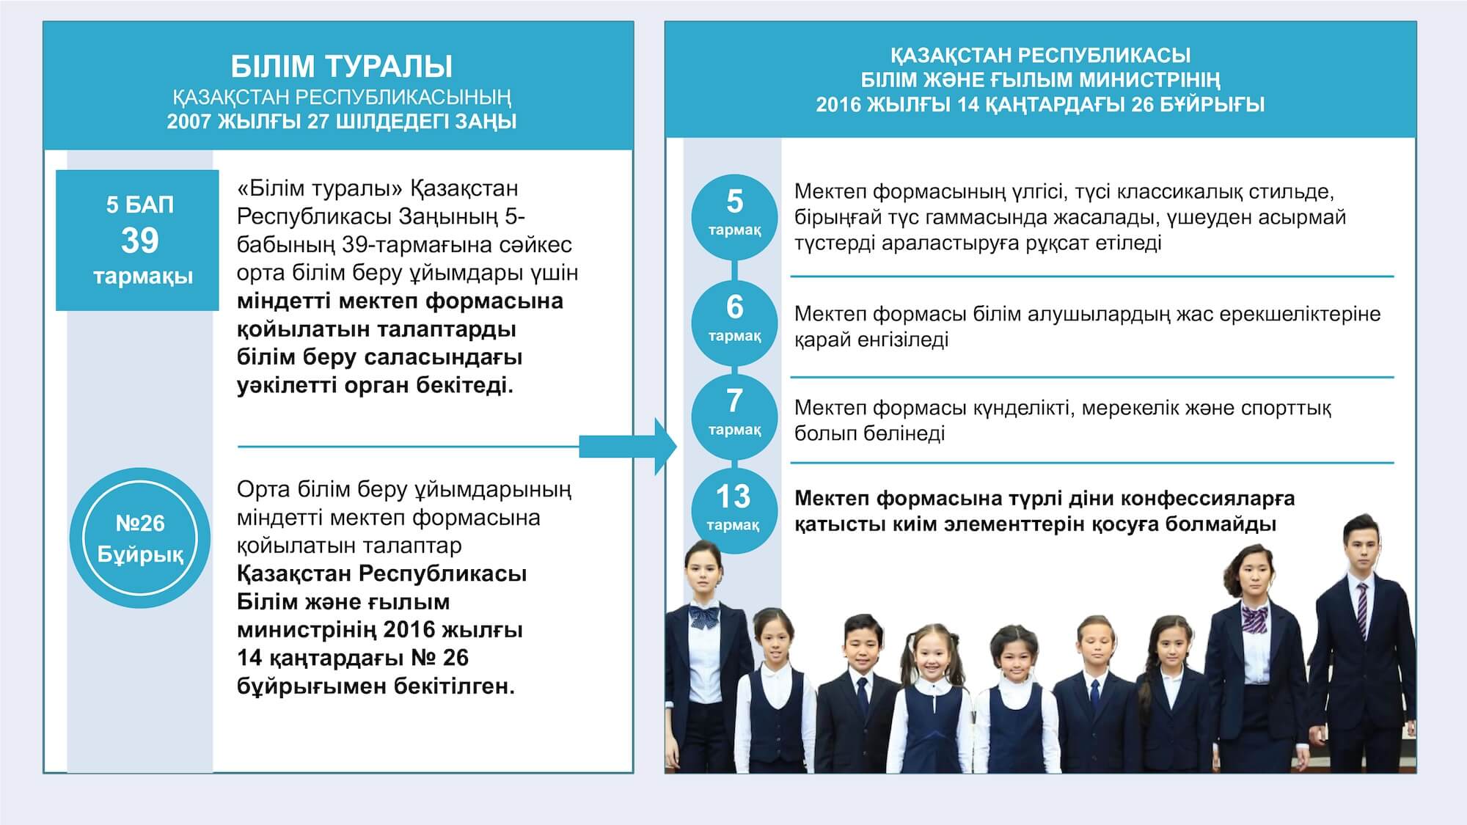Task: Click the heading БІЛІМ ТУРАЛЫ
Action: point(341,67)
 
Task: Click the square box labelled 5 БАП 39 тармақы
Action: point(137,241)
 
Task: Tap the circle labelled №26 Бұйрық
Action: point(140,538)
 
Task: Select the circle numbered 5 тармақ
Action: point(734,216)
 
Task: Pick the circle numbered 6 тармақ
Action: point(734,322)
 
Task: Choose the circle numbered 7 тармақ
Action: point(734,417)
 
